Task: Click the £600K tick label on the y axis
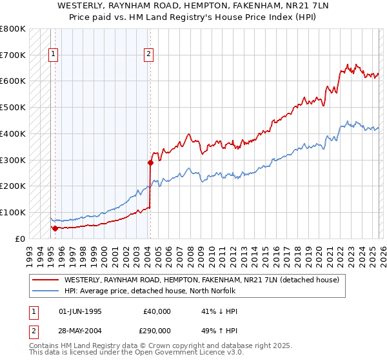(13, 81)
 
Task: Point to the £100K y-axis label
(13, 212)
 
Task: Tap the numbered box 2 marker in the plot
(148, 55)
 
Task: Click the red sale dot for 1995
(55, 228)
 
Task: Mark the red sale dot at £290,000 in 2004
(150, 162)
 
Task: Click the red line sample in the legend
(46, 280)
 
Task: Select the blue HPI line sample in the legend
(46, 291)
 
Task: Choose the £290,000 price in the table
(157, 330)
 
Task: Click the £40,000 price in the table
(157, 311)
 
